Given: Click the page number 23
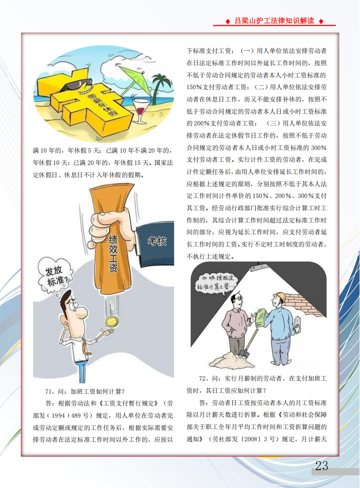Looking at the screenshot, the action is coord(321,466).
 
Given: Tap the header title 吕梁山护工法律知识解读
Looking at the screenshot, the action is coord(274,21).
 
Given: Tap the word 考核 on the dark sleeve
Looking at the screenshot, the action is coord(157,241).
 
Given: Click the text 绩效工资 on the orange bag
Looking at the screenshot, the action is coord(113,254).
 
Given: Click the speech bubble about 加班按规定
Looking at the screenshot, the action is coord(215,283).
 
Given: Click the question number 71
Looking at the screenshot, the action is coord(49,391).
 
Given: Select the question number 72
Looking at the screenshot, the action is coord(203,378).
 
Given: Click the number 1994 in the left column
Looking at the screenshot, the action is coord(58,416).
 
